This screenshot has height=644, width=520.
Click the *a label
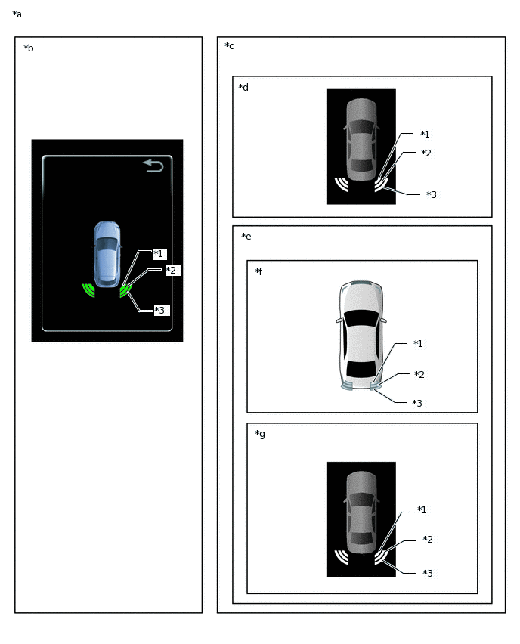(17, 14)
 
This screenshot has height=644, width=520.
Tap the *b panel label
(29, 48)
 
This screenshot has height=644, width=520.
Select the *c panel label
(229, 46)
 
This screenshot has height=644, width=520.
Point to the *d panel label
(243, 87)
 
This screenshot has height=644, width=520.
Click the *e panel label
(246, 236)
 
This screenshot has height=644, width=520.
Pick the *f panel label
(258, 271)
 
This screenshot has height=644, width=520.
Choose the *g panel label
(260, 434)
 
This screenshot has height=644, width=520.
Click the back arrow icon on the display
(153, 166)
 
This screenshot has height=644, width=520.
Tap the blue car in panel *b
(107, 254)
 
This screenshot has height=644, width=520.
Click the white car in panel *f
(361, 335)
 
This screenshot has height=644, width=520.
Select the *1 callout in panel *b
(159, 254)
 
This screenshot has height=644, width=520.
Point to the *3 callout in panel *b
(160, 310)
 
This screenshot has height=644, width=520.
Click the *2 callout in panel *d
(426, 153)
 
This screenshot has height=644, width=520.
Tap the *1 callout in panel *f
(418, 343)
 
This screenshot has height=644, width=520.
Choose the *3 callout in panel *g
(428, 573)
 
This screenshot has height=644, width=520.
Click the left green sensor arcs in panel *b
(88, 290)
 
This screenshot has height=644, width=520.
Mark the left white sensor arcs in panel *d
(342, 184)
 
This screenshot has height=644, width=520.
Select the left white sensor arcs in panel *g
(342, 557)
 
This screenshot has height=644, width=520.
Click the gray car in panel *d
(361, 140)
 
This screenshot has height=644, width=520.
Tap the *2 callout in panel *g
(428, 539)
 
